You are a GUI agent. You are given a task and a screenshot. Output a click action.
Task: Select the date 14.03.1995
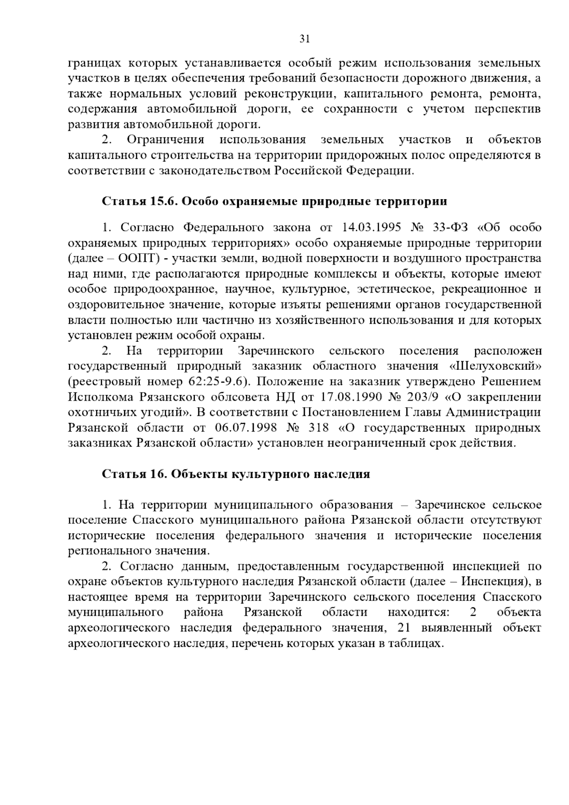(x=371, y=228)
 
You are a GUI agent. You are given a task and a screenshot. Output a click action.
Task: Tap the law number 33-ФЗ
(x=450, y=228)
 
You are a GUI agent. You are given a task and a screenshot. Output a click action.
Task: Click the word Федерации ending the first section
(x=382, y=171)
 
